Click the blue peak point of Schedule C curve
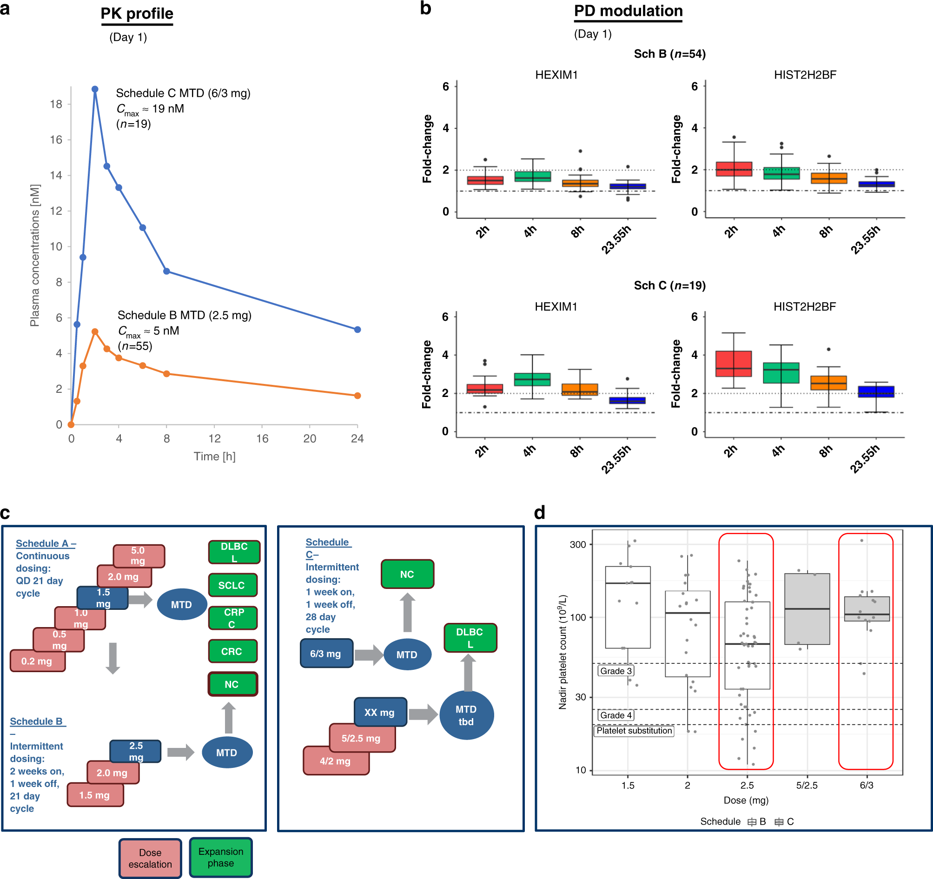pyautogui.click(x=95, y=89)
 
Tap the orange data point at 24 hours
pyautogui.click(x=357, y=396)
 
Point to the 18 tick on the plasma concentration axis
pyautogui.click(x=56, y=104)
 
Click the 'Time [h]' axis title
pyautogui.click(x=214, y=456)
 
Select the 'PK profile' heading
pyautogui.click(x=137, y=13)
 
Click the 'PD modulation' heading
pyautogui.click(x=628, y=11)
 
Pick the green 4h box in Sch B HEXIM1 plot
pyautogui.click(x=533, y=177)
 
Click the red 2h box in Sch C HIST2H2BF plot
pyautogui.click(x=734, y=363)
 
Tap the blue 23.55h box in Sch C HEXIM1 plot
pyautogui.click(x=628, y=400)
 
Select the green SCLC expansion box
pyautogui.click(x=232, y=585)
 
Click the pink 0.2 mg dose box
pyautogui.click(x=38, y=661)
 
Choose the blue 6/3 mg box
pyautogui.click(x=326, y=653)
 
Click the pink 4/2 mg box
pyautogui.click(x=336, y=761)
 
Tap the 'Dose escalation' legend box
pyautogui.click(x=150, y=858)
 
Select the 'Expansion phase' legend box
pyautogui.click(x=220, y=857)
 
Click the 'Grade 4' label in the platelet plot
pyautogui.click(x=616, y=715)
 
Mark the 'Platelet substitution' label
pyautogui.click(x=634, y=731)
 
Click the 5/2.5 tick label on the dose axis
pyautogui.click(x=807, y=786)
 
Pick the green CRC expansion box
pyautogui.click(x=232, y=651)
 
